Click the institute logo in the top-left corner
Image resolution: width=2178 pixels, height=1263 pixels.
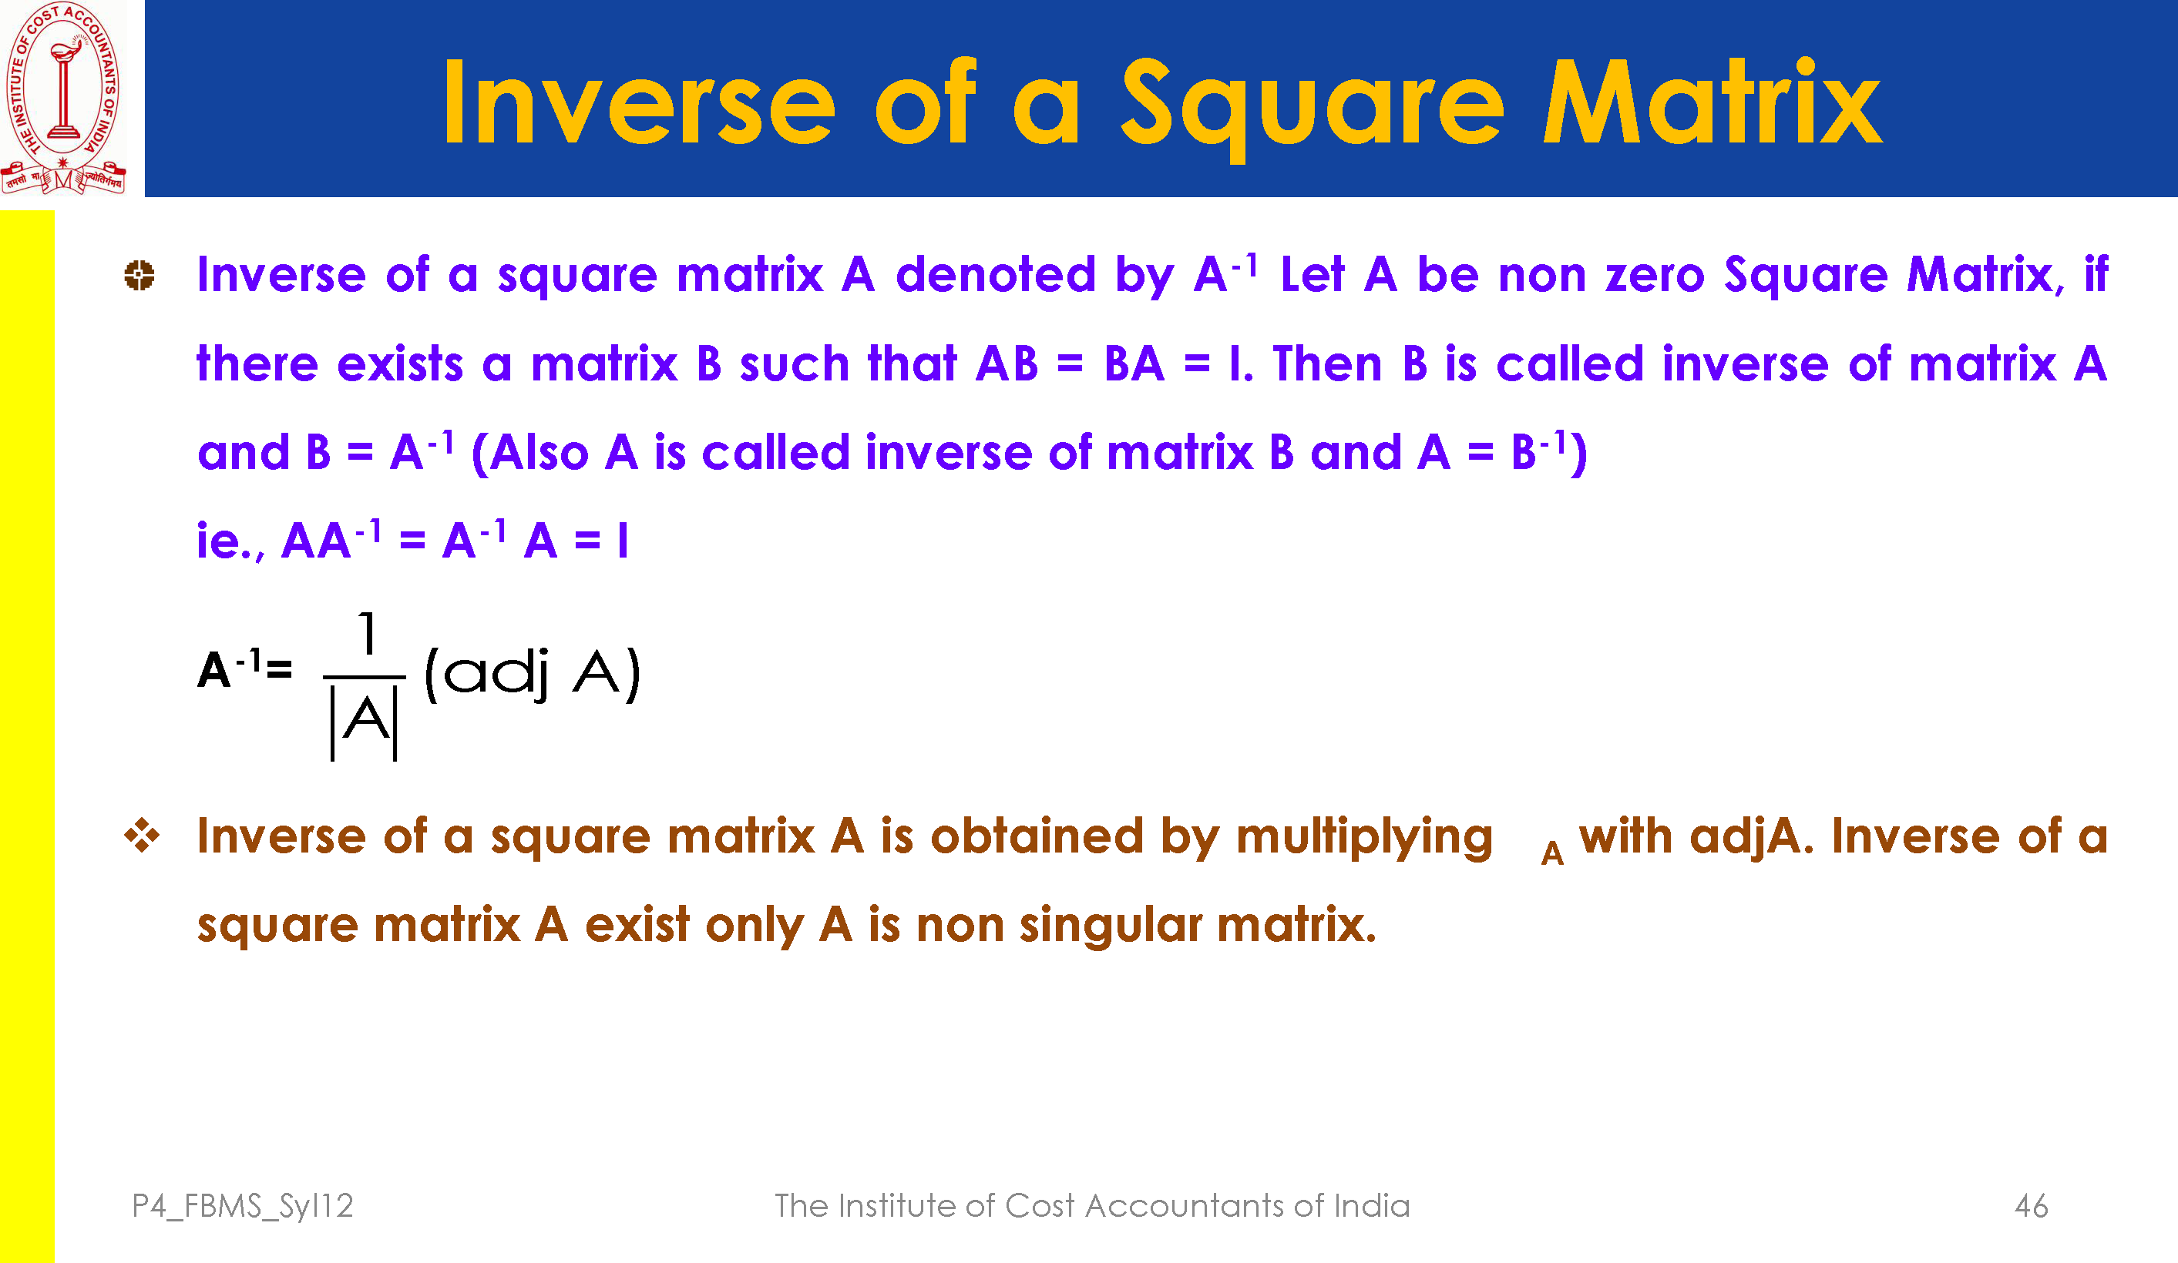click(63, 98)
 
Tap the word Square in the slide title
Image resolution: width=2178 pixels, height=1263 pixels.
click(1312, 107)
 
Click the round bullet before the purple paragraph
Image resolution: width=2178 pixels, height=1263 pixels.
click(139, 276)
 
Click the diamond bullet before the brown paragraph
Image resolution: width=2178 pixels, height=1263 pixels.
click(142, 836)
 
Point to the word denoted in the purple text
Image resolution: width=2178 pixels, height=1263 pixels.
click(996, 275)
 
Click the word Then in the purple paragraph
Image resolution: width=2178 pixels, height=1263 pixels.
click(1328, 363)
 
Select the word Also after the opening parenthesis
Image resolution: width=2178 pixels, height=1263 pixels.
click(539, 453)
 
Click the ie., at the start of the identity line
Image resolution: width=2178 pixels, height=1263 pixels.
click(230, 541)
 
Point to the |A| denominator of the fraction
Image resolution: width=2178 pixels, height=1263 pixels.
click(364, 722)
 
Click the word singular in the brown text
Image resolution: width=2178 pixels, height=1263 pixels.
click(1111, 925)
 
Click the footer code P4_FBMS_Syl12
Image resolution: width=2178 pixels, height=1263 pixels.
click(243, 1205)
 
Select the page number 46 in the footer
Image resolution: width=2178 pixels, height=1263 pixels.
click(2031, 1205)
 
